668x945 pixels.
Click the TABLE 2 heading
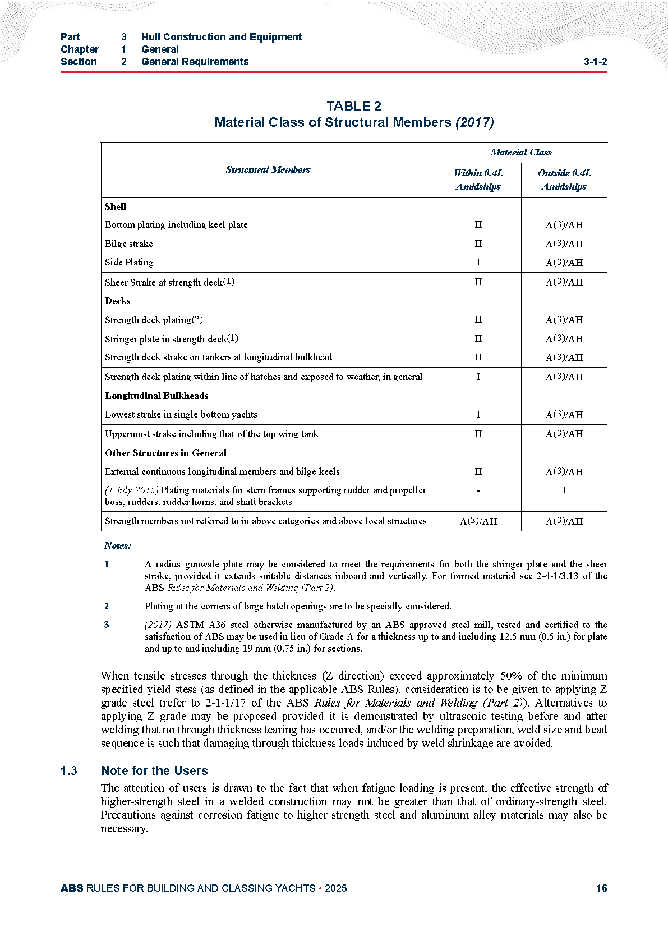[x=354, y=106]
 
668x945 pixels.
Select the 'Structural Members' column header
[x=268, y=169]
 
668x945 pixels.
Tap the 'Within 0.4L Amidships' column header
[x=478, y=180]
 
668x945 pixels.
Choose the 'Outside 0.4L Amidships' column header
[x=564, y=180]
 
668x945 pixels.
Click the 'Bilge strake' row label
[x=128, y=244]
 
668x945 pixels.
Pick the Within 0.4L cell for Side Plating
[x=478, y=262]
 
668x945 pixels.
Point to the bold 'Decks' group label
[x=117, y=301]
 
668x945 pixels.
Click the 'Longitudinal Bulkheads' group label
[x=156, y=396]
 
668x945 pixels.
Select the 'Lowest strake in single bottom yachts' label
[x=181, y=414]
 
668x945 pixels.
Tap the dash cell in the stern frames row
[x=478, y=490]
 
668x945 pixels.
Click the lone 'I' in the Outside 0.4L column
[x=564, y=490]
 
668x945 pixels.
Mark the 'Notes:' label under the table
[x=118, y=545]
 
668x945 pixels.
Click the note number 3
[x=107, y=625]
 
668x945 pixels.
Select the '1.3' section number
[x=69, y=770]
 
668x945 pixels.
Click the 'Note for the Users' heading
[x=154, y=770]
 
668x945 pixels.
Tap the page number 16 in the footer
[x=601, y=888]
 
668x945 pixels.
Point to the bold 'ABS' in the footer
[x=71, y=888]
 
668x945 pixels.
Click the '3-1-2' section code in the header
[x=595, y=62]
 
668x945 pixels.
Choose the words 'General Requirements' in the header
[x=195, y=62]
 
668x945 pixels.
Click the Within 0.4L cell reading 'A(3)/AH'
[x=478, y=521]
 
